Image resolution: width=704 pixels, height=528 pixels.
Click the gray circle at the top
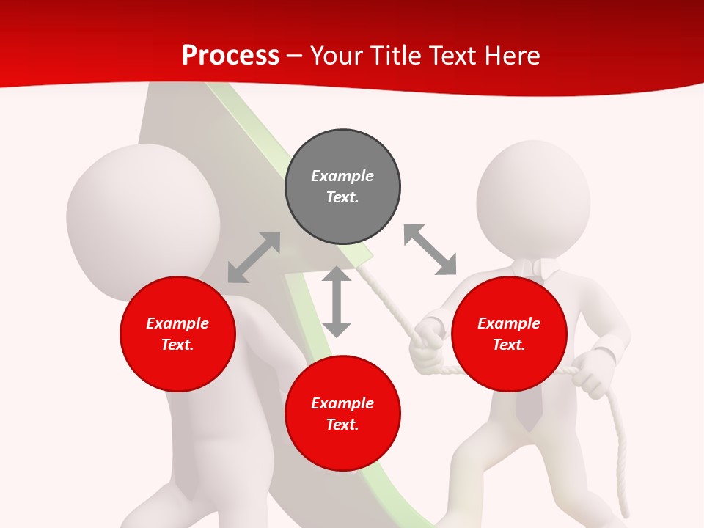(x=342, y=186)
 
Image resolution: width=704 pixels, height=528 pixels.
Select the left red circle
(x=177, y=334)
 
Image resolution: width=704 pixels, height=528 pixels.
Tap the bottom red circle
(x=342, y=414)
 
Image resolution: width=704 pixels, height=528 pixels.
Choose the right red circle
(x=508, y=334)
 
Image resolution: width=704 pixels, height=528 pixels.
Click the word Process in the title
(x=230, y=56)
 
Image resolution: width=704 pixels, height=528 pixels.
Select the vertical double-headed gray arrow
(x=337, y=301)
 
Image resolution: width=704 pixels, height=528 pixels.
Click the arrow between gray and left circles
(x=254, y=257)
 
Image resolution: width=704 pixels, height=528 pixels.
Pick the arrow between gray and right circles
(x=430, y=249)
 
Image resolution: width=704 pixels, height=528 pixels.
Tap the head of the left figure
(x=143, y=220)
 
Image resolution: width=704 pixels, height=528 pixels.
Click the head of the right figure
(x=533, y=198)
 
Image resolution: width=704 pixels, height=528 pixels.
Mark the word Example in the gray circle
(x=342, y=176)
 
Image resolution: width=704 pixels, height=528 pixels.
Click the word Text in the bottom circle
(x=341, y=425)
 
